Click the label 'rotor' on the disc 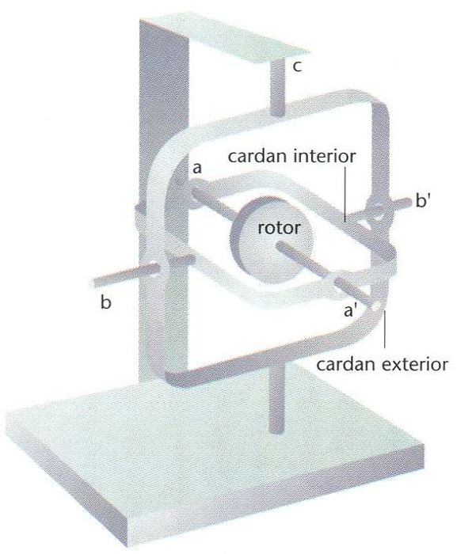279,228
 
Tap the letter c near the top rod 298,66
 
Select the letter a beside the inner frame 196,168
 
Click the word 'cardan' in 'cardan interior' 258,156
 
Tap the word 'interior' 325,156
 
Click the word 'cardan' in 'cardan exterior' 346,364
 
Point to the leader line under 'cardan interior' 345,194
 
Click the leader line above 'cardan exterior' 384,329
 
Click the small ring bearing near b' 377,210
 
